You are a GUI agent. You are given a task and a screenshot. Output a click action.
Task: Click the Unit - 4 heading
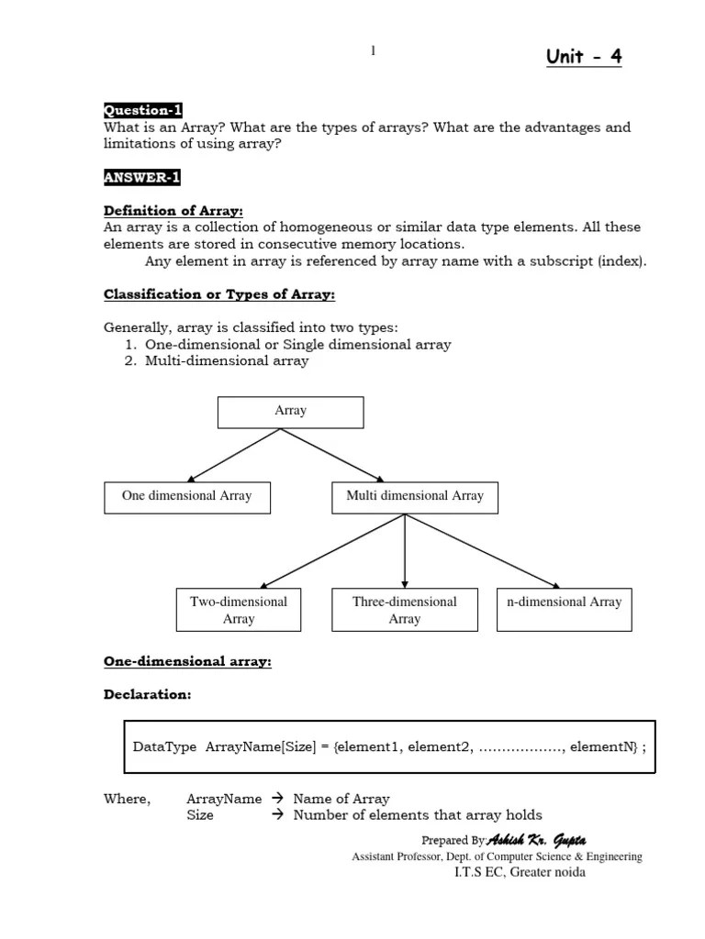tap(584, 57)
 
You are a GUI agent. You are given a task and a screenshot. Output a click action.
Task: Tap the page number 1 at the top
tap(373, 51)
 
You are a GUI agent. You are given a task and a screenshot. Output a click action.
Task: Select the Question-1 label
tap(143, 110)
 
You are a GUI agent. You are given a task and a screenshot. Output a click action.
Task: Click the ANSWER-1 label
tap(141, 177)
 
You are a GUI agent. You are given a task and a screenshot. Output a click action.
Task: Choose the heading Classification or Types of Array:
tap(219, 294)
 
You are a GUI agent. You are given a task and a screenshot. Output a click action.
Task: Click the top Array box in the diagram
tap(290, 412)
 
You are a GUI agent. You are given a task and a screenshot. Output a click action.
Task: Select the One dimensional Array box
tap(186, 496)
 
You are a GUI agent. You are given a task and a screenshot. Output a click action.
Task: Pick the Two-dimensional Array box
tap(239, 610)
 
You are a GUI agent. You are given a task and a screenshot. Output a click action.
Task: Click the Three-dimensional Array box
tap(405, 610)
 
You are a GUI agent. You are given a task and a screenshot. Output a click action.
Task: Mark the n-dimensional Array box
tap(564, 602)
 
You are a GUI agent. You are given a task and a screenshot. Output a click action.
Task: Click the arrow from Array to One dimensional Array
tap(236, 455)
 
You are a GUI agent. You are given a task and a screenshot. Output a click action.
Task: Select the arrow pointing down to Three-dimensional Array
tap(405, 550)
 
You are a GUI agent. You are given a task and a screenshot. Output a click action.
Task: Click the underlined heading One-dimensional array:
tap(187, 661)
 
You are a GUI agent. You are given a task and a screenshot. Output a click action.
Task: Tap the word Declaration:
tap(148, 694)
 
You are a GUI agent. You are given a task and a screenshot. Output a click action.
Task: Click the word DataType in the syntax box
tap(165, 746)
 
